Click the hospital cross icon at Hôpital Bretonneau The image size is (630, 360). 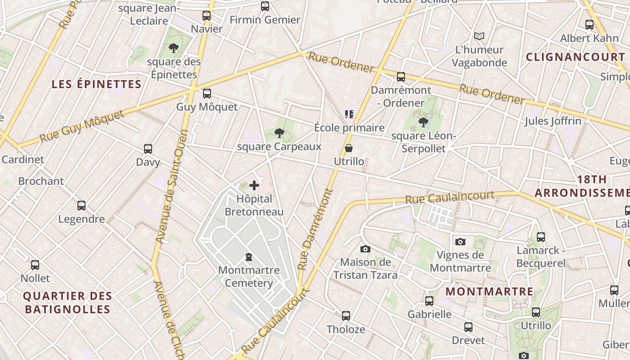(254, 185)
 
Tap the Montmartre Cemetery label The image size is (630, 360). (249, 277)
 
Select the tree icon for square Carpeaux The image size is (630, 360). (279, 133)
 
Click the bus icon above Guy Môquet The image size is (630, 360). (207, 94)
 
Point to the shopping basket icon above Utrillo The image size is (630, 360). (349, 148)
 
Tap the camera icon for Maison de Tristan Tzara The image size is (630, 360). (365, 249)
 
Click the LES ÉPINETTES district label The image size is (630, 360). (96, 84)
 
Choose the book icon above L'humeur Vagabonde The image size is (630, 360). (479, 36)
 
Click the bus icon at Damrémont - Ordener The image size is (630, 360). (400, 77)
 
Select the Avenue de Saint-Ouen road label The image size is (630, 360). (171, 187)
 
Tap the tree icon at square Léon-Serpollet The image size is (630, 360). (423, 122)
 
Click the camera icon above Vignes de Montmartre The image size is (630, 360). (460, 242)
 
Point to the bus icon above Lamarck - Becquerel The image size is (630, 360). (540, 237)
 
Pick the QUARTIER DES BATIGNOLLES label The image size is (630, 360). (67, 303)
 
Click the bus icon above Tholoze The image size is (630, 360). (346, 316)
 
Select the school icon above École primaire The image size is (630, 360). (349, 114)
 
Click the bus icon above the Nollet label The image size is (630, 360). (35, 265)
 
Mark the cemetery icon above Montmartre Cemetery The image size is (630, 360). (248, 257)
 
